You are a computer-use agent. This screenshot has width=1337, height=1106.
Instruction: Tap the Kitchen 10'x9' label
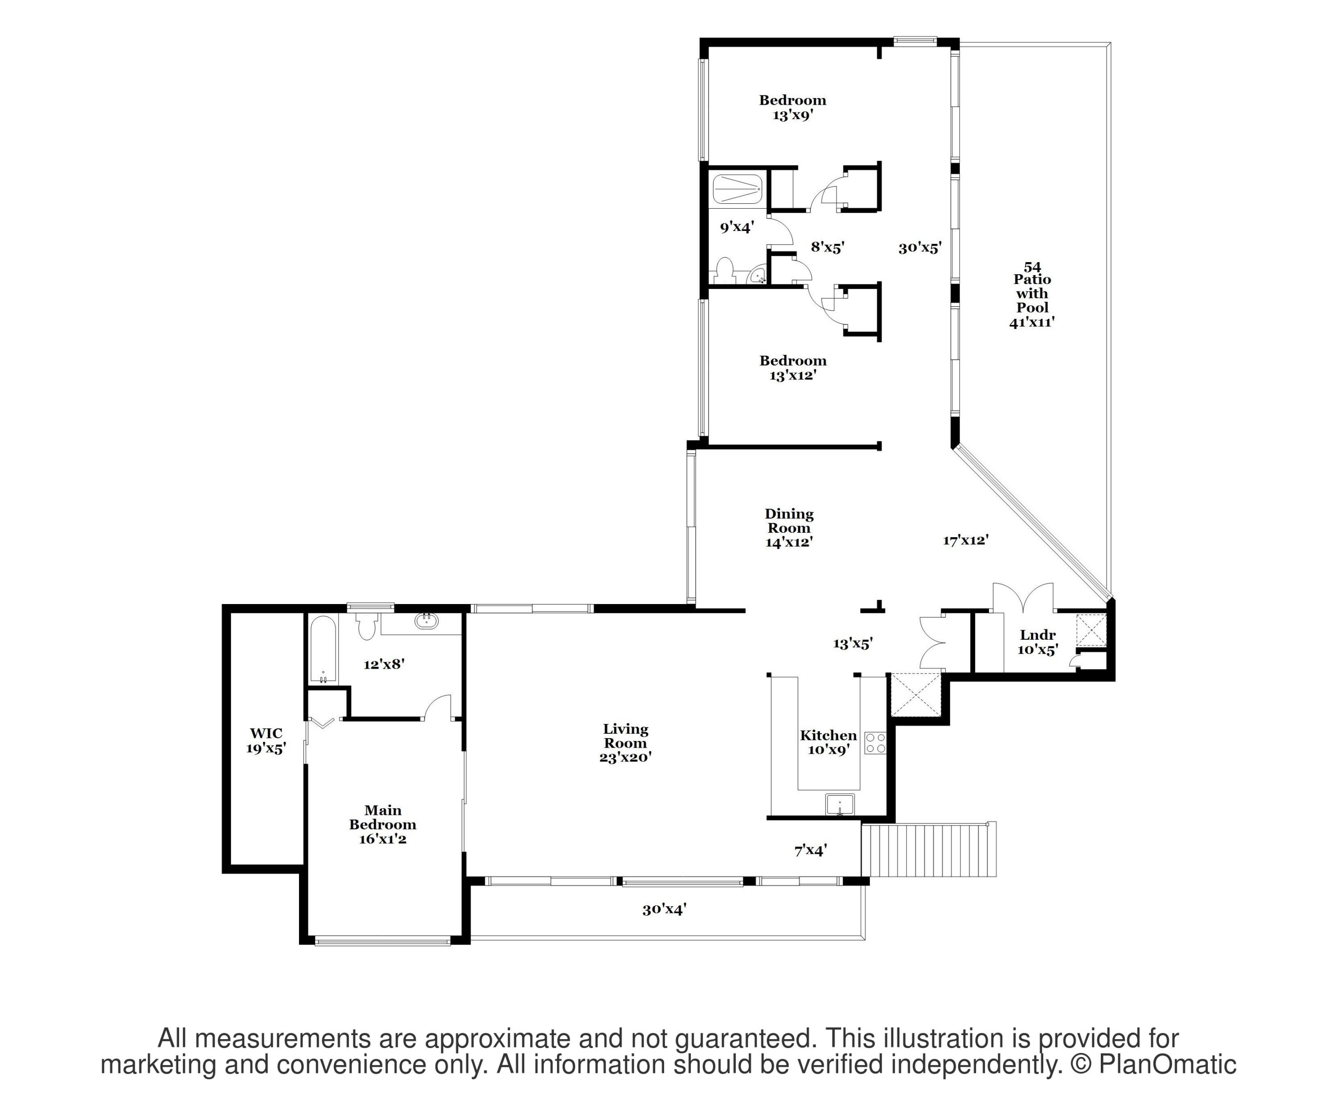(x=828, y=742)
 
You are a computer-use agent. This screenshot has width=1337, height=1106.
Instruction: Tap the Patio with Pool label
(x=1032, y=293)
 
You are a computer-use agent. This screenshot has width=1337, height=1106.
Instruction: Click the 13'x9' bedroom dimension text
(x=793, y=115)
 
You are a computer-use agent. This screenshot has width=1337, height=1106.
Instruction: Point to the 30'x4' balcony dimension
(x=664, y=909)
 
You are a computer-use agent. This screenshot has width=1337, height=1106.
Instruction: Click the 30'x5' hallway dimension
(x=920, y=248)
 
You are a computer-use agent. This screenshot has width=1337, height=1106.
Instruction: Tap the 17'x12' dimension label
(x=966, y=540)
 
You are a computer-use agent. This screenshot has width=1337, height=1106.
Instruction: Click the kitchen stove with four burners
(x=875, y=742)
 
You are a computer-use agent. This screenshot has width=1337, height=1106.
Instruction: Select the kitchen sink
(x=840, y=804)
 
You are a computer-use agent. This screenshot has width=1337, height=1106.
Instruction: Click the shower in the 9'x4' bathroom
(x=737, y=190)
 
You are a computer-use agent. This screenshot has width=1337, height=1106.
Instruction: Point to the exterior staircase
(x=929, y=849)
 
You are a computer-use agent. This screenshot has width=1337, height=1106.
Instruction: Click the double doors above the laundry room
(x=1022, y=597)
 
